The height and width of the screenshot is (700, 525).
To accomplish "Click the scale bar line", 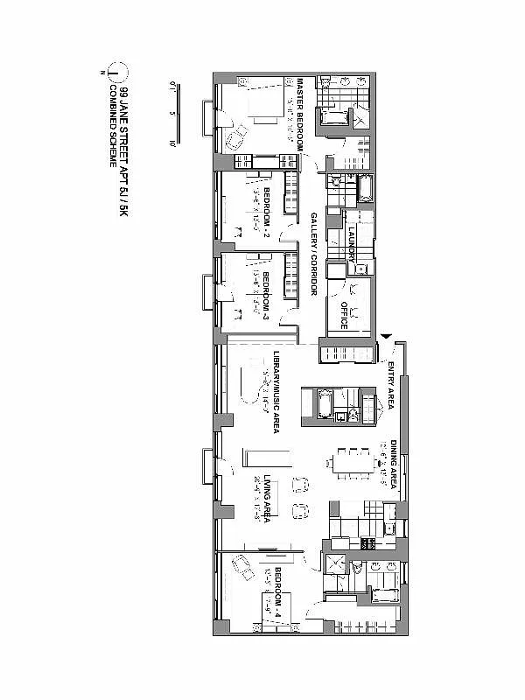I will coord(179,114).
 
